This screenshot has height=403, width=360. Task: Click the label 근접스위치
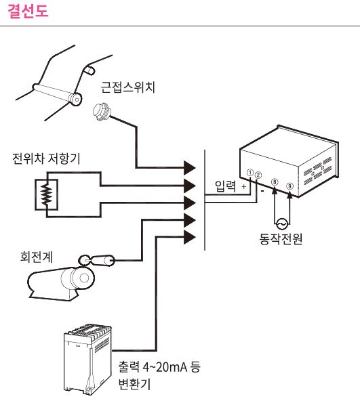point(127,89)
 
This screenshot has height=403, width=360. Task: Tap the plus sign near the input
point(243,186)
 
